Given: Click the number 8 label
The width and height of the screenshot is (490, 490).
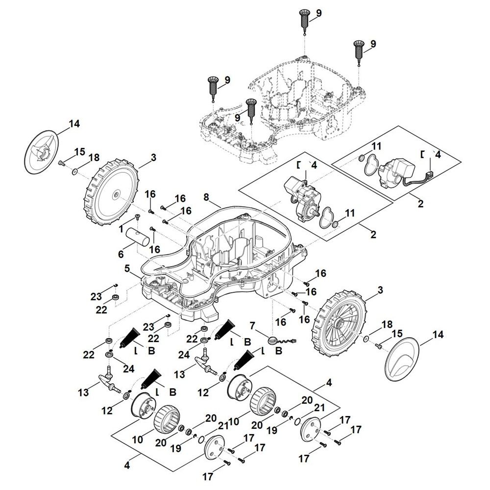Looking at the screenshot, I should [x=206, y=198].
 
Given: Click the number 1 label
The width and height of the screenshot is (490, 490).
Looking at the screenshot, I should [x=121, y=229].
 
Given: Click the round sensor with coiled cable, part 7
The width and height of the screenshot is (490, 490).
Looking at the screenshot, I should [x=275, y=339].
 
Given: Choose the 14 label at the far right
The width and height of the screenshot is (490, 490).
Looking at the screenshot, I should [x=438, y=335].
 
